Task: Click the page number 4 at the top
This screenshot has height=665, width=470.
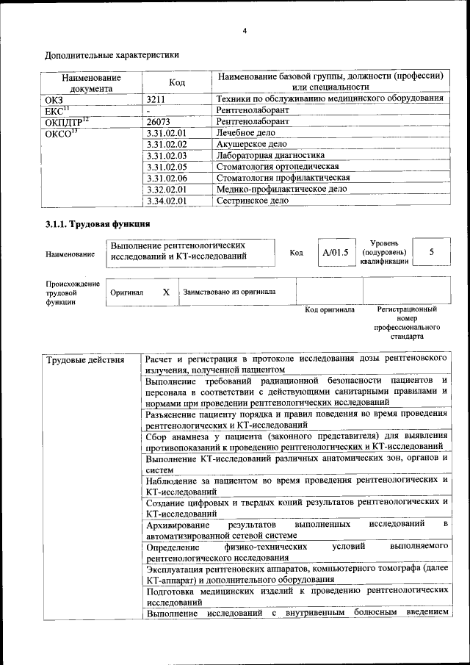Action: click(245, 30)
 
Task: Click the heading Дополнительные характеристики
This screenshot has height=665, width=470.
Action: click(111, 54)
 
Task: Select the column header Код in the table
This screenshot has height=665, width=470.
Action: click(176, 82)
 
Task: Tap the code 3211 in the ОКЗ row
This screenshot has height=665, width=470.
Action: click(156, 98)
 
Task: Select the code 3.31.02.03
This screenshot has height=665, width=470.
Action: click(167, 155)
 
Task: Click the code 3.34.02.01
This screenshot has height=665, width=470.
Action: click(167, 199)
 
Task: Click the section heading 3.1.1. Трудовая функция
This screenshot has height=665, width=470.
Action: click(98, 224)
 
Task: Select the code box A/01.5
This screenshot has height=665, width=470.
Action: click(335, 252)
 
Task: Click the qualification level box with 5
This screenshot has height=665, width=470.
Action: click(431, 252)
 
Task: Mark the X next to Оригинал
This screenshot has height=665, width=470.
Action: click(166, 292)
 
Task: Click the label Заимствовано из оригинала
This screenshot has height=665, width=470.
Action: click(229, 292)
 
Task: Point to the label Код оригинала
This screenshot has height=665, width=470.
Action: click(329, 309)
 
